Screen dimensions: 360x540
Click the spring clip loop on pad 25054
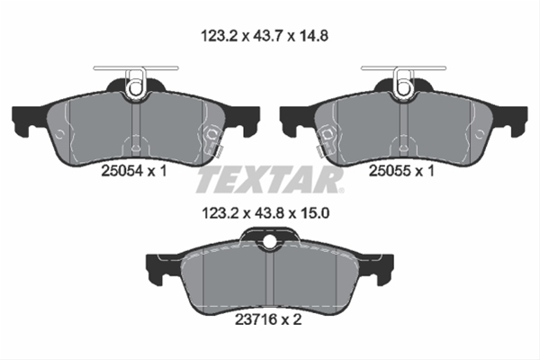tap(136, 85)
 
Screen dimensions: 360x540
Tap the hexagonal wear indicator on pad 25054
tap(213, 137)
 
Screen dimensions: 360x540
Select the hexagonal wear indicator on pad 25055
tap(328, 137)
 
